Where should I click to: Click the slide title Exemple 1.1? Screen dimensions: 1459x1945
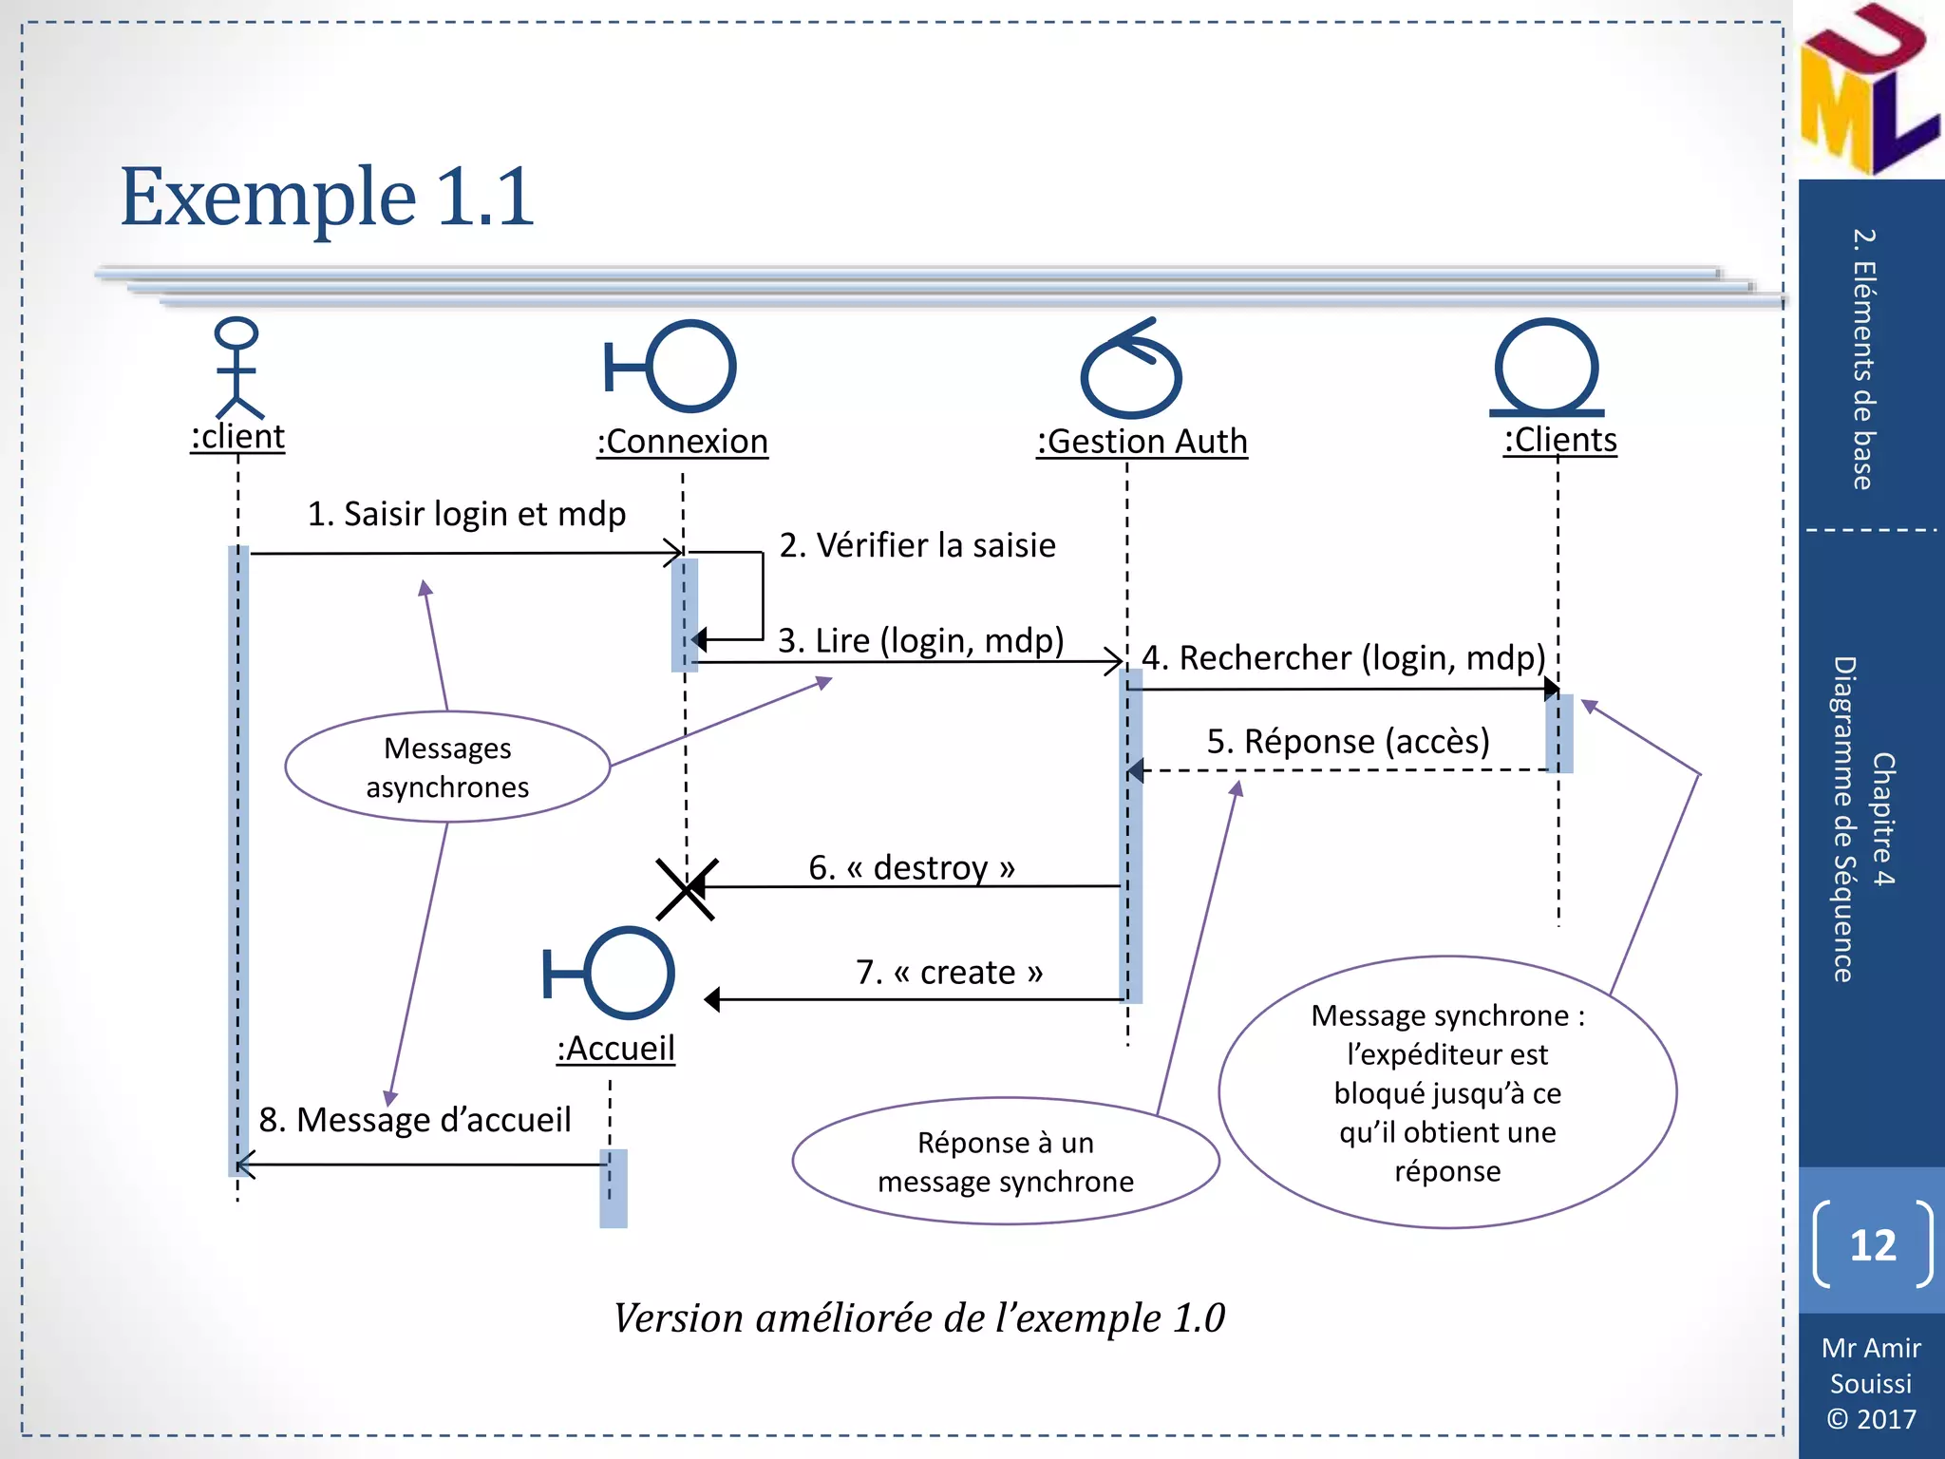(328, 198)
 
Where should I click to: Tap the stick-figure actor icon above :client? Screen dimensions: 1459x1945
(236, 369)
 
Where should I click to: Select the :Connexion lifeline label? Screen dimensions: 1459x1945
(682, 442)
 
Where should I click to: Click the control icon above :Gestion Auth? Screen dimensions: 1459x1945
(1130, 370)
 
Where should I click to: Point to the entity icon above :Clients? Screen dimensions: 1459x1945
(1547, 369)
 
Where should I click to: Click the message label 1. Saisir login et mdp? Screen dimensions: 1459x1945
(466, 514)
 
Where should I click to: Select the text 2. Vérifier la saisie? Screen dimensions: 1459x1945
(917, 545)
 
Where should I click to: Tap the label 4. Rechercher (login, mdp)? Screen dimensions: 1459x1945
(1343, 657)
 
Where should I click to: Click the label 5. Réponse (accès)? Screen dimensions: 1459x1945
(1348, 741)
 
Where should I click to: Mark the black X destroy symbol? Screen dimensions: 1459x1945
(686, 889)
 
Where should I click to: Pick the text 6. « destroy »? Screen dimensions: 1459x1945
(912, 867)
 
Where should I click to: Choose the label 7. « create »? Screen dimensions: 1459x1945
(949, 972)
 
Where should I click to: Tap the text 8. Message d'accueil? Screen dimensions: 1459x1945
(415, 1120)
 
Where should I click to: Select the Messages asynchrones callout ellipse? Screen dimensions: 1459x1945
(447, 767)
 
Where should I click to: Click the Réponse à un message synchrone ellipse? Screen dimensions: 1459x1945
(1005, 1162)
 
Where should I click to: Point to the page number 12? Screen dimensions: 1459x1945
(1872, 1245)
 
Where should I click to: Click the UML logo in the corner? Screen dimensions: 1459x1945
(1866, 90)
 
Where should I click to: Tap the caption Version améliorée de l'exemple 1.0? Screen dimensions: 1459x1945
(918, 1318)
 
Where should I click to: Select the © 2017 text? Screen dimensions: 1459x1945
(1871, 1419)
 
